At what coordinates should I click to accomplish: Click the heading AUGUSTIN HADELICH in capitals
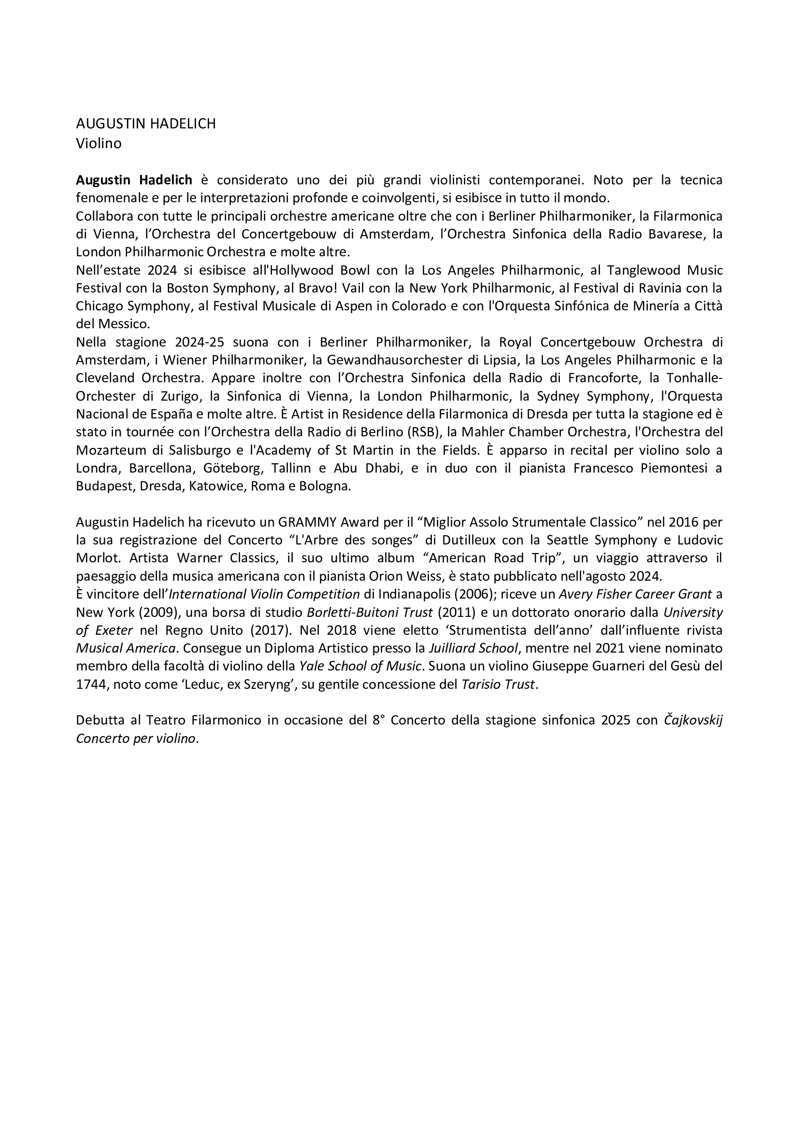[145, 124]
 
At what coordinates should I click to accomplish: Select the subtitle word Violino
[99, 143]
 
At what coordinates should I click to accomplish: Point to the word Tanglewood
[643, 270]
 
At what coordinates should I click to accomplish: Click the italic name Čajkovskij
[693, 720]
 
